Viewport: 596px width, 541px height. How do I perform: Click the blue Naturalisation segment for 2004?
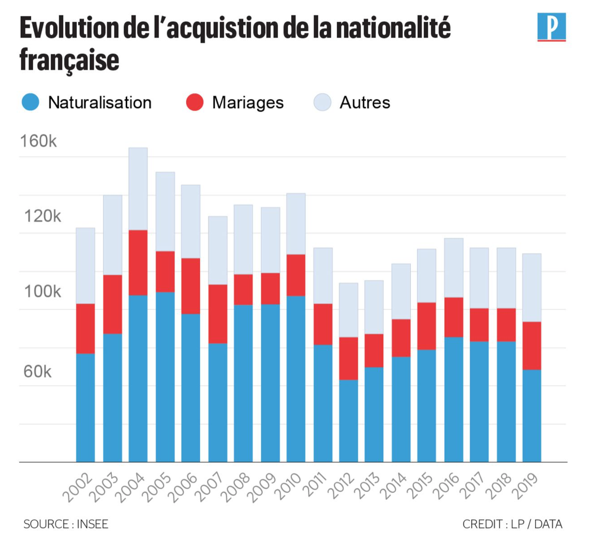pyautogui.click(x=138, y=378)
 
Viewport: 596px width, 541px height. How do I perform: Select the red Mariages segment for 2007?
pyautogui.click(x=218, y=314)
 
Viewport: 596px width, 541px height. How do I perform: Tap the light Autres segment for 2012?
pyautogui.click(x=348, y=310)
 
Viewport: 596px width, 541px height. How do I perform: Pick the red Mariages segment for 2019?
pyautogui.click(x=531, y=346)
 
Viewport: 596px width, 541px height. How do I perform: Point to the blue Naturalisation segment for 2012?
pyautogui.click(x=348, y=421)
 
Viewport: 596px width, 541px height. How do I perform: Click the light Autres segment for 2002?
pyautogui.click(x=85, y=266)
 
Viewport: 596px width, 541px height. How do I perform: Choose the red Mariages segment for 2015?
pyautogui.click(x=427, y=326)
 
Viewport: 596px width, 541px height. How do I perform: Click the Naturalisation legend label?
pyautogui.click(x=100, y=103)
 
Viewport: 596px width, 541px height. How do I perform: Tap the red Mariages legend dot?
pyautogui.click(x=194, y=102)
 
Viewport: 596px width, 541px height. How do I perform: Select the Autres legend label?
pyautogui.click(x=365, y=103)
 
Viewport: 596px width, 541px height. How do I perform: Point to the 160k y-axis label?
pyautogui.click(x=38, y=141)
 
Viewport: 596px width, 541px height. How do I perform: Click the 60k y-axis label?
pyautogui.click(x=37, y=372)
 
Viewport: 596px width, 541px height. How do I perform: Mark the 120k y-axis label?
pyautogui.click(x=42, y=216)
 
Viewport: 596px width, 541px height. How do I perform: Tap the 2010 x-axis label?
pyautogui.click(x=288, y=487)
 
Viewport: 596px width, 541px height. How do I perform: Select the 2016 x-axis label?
pyautogui.click(x=447, y=487)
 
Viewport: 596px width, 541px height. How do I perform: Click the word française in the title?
pyautogui.click(x=70, y=60)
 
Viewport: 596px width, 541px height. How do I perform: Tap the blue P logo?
pyautogui.click(x=551, y=27)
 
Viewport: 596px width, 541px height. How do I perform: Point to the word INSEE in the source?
pyautogui.click(x=92, y=524)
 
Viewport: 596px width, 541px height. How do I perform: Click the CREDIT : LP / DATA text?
pyautogui.click(x=512, y=524)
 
